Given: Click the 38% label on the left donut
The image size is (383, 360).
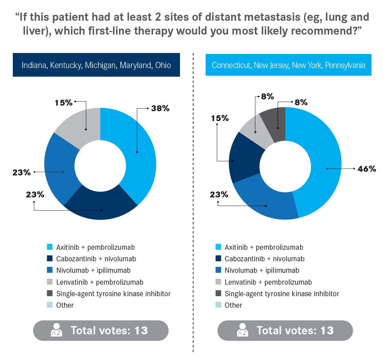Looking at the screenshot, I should (x=160, y=108).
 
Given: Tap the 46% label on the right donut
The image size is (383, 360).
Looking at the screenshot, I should (x=367, y=169).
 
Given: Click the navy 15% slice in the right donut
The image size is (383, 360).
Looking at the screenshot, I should (x=245, y=158).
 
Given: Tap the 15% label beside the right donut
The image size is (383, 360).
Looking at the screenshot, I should (x=220, y=118).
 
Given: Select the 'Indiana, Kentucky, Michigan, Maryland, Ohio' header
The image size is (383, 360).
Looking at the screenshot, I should (x=96, y=65).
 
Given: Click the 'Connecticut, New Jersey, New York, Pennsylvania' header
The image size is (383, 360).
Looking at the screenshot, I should (x=288, y=65).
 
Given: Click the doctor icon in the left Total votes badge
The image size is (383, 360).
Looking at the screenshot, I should (x=57, y=330).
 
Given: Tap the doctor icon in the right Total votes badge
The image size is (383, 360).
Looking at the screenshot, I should (x=243, y=330).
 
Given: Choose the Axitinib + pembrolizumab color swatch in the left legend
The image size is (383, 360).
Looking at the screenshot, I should (x=50, y=247).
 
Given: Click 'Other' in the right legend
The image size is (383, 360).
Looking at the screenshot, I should (x=233, y=305).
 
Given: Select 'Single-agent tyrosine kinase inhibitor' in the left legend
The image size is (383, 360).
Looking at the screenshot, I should (x=114, y=294).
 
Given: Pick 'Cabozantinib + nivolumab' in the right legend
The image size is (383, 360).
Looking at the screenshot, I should (x=265, y=259).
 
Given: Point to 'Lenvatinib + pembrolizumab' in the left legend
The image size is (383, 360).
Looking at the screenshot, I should (x=100, y=282).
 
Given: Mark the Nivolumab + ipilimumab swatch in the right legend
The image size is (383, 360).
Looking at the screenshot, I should (x=218, y=270).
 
